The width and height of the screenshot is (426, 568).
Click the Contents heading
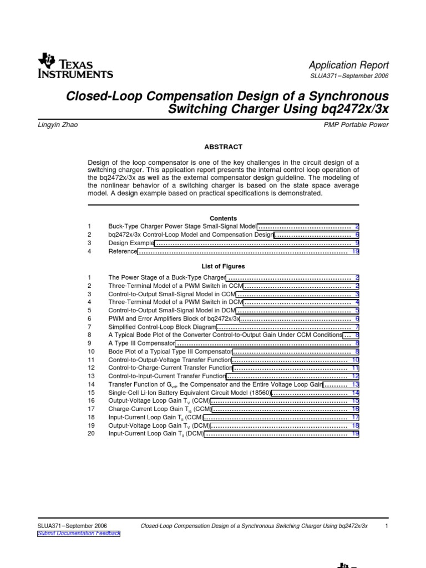223,219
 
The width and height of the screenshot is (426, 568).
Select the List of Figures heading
223,266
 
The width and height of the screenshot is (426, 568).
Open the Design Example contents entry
130,243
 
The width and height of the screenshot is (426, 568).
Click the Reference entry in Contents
123,251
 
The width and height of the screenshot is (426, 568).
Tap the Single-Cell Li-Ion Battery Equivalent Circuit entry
189,393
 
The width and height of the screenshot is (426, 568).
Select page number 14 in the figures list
356,393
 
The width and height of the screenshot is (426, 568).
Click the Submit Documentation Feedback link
78,534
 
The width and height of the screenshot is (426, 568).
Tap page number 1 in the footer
386,525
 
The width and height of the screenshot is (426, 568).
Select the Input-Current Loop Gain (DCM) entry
156,434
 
